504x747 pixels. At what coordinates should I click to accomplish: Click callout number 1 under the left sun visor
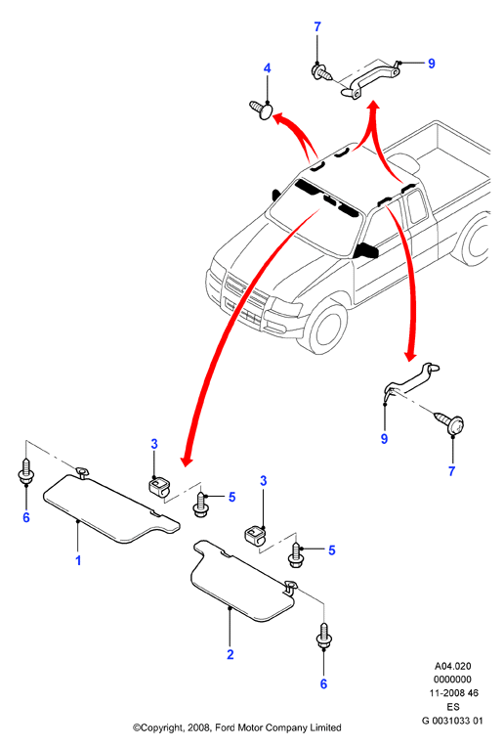click(x=78, y=560)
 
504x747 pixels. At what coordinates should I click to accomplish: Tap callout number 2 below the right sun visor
click(x=231, y=654)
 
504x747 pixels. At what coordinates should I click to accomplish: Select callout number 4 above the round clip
click(x=267, y=68)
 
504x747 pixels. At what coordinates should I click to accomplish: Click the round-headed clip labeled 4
click(x=262, y=110)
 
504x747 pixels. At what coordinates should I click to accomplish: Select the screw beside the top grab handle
click(x=321, y=72)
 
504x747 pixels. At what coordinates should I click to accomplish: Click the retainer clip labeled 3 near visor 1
click(x=158, y=487)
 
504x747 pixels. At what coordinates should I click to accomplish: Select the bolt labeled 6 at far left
click(x=25, y=472)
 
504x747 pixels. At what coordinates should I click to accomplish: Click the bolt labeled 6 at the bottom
click(x=324, y=637)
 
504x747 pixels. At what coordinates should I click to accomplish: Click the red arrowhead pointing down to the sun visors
click(x=187, y=460)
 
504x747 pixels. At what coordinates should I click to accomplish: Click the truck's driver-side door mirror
click(x=365, y=250)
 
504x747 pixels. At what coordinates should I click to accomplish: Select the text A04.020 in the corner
click(x=452, y=666)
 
